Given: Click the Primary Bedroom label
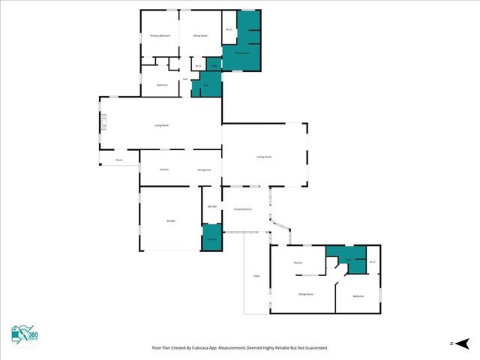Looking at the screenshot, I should pos(160,36).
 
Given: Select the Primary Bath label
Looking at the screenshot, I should pos(241,53).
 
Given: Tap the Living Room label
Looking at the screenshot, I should pos(161,125).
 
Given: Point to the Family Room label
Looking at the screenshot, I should pos(264,157).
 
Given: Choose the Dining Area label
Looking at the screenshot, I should pos(203,169).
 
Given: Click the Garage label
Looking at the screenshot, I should pos(171,220).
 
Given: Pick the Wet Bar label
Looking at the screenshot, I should pos(212,206).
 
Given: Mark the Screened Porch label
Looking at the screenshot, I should pos(242,209).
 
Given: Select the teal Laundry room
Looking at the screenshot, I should pos(211,238).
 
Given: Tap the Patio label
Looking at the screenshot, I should pos(256,277).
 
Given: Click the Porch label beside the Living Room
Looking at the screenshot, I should pos(118,160).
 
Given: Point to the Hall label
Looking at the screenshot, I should pos(185,79).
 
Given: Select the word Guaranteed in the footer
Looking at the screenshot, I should pos(313,348).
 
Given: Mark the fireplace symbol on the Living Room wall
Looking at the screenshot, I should pos(104,121).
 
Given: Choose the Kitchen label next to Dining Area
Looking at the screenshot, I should pos(164,169).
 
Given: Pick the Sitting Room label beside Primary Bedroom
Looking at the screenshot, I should pos(200,36).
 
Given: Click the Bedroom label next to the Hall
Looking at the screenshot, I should pos(162,85).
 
